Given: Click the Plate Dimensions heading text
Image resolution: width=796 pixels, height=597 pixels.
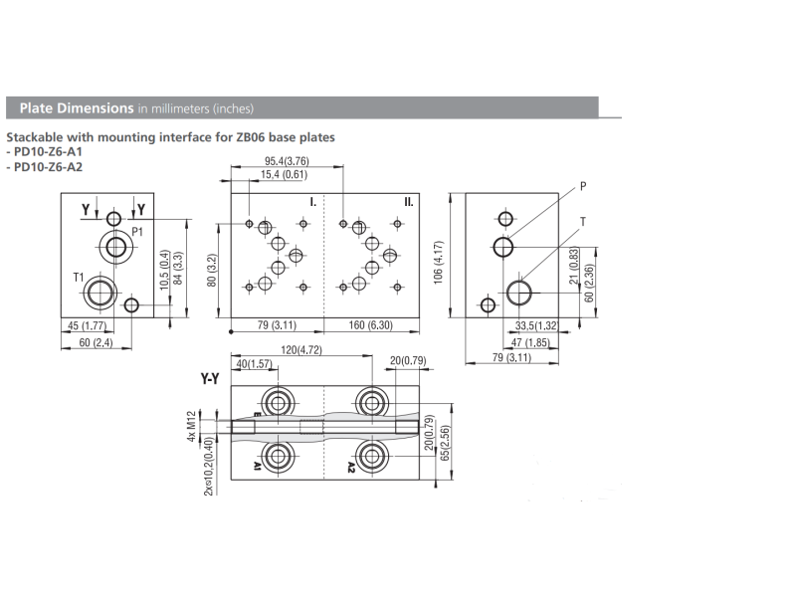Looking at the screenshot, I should tap(70, 107).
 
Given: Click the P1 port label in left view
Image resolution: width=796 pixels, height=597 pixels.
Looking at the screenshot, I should tap(138, 231).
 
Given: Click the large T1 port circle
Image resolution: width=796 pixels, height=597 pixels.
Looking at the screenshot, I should tap(99, 292).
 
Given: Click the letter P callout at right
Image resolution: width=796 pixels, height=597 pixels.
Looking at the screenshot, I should tap(583, 186).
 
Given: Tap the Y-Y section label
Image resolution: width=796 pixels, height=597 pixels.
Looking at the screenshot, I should tap(210, 380).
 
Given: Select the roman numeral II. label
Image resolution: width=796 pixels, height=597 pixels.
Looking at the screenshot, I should tap(409, 202).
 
